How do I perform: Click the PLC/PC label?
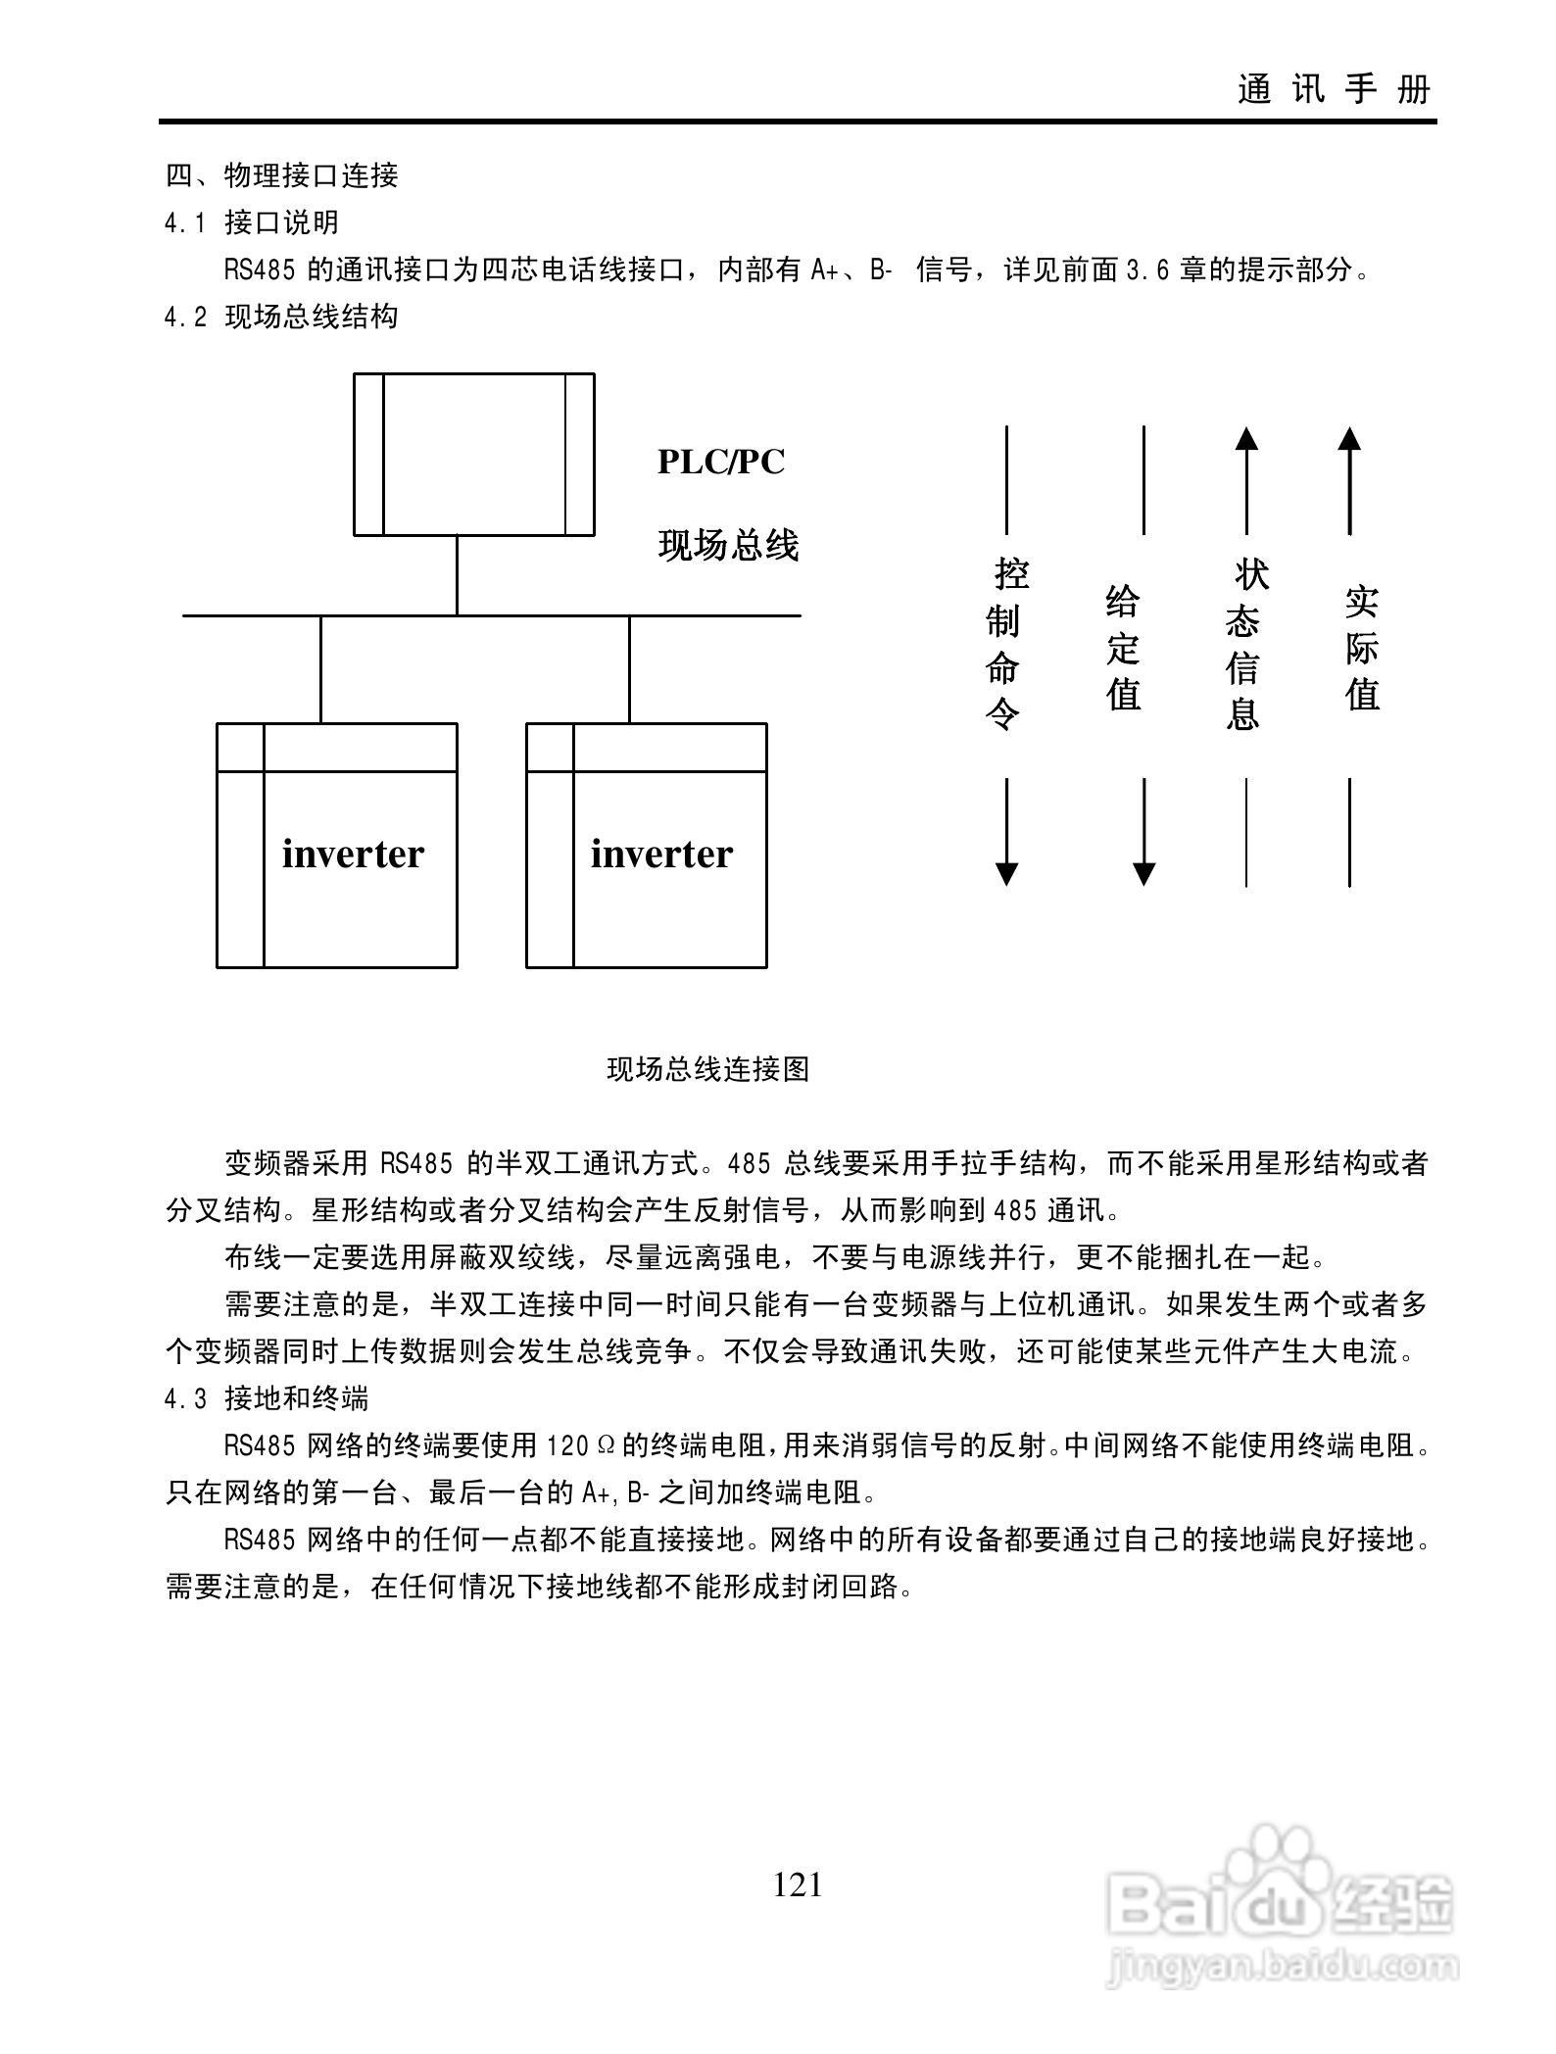point(720,462)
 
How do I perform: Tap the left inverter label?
point(353,854)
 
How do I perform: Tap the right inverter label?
point(661,854)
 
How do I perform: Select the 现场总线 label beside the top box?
point(728,545)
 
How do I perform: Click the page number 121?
point(798,1884)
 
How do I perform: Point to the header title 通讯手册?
point(1334,89)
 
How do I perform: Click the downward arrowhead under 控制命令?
point(1006,873)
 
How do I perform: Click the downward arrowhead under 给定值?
point(1143,873)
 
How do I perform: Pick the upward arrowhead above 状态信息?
point(1246,438)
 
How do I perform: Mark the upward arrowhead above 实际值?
point(1349,438)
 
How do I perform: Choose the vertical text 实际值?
point(1361,648)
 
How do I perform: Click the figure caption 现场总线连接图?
point(707,1068)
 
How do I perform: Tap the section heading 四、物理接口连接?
point(281,175)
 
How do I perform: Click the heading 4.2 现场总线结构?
point(281,317)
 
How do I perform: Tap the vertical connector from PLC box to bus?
point(457,575)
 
